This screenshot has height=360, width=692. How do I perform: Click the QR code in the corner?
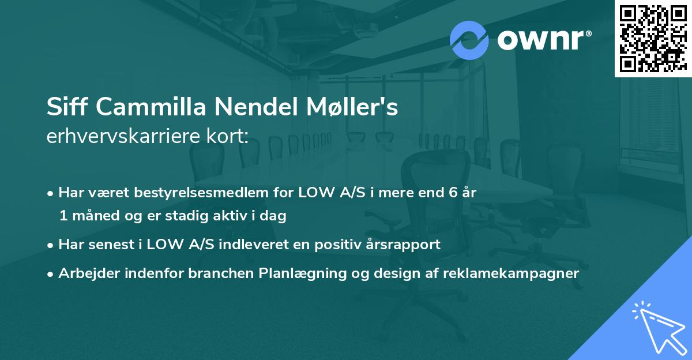653,38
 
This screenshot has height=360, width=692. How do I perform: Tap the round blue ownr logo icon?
469,40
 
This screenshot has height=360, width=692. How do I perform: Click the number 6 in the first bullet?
446,193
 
